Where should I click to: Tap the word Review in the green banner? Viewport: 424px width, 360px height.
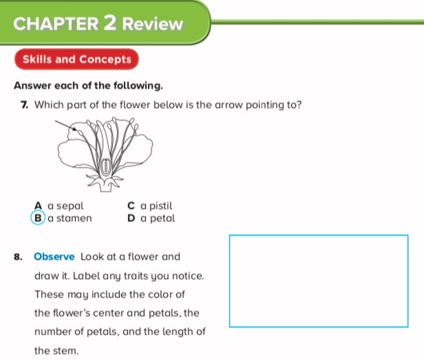click(153, 24)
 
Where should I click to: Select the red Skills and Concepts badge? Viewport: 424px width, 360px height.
click(76, 59)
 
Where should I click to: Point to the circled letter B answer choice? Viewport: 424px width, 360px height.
click(38, 218)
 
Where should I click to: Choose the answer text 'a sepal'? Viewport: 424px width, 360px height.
click(66, 206)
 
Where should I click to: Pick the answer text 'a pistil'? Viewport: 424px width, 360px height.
click(156, 206)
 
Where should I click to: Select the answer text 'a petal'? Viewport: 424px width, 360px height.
click(158, 218)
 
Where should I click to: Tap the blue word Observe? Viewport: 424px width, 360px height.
click(54, 256)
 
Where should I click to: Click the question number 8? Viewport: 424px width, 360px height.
click(18, 257)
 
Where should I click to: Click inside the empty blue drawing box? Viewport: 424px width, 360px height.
click(319, 281)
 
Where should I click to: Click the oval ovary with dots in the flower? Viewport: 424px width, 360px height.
click(106, 167)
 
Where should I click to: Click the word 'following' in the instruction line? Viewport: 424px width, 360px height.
click(137, 86)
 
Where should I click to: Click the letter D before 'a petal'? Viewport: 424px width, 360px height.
click(131, 218)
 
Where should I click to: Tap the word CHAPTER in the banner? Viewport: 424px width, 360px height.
click(56, 24)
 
